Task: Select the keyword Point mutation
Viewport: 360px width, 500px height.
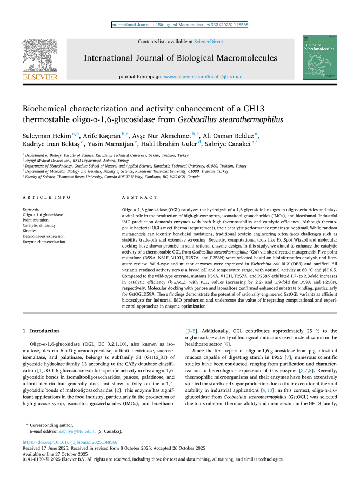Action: point(36,220)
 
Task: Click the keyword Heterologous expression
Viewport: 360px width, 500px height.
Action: point(43,236)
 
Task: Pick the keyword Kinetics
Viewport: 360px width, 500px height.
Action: point(30,231)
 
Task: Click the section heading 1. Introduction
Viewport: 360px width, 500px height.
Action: point(41,330)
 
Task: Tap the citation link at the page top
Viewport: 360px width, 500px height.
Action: point(179,24)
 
